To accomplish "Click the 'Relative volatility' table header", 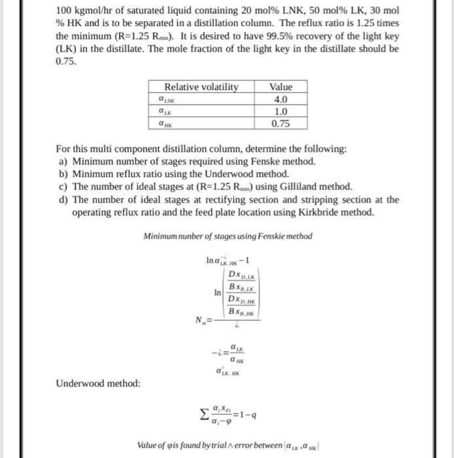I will pos(201,87).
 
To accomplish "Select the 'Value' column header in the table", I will pos(281,87).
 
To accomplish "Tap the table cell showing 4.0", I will pos(281,99).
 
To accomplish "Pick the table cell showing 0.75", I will pos(281,124).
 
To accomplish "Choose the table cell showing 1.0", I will pos(281,112).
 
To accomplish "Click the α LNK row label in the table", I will pos(168,99).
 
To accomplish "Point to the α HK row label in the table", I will pos(166,124).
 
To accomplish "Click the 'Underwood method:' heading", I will pos(98,383).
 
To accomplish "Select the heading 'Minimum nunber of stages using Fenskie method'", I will pos(227,236).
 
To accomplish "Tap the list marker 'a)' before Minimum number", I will pos(64,161).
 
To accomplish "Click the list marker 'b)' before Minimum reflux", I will pos(64,173).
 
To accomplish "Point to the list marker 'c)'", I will pos(64,186).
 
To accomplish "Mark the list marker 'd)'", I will pos(64,199).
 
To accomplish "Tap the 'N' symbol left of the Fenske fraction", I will pos(198,319).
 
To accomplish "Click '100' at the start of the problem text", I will pos(64,11).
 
